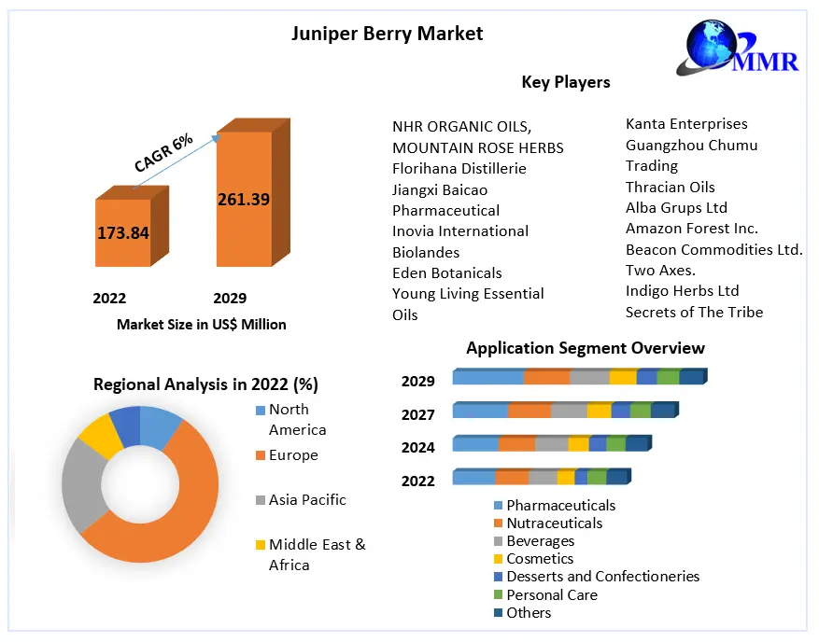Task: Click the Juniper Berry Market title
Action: click(387, 34)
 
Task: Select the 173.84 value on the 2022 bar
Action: click(123, 232)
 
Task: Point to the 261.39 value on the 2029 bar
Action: click(244, 200)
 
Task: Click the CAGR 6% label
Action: click(163, 153)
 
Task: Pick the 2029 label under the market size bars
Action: click(230, 298)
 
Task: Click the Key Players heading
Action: click(566, 82)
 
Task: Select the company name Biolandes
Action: click(426, 253)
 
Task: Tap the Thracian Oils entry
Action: click(671, 187)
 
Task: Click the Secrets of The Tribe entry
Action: click(694, 312)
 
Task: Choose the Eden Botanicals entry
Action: click(447, 273)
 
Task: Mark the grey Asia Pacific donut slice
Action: click(82, 485)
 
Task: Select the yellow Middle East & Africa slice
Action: click(100, 437)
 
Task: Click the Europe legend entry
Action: click(287, 455)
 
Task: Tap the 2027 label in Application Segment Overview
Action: click(417, 414)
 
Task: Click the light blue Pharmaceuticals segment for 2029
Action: click(488, 377)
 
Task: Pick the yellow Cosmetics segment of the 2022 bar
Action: click(566, 477)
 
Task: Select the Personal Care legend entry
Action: click(545, 594)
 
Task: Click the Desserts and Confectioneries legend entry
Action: click(597, 577)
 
